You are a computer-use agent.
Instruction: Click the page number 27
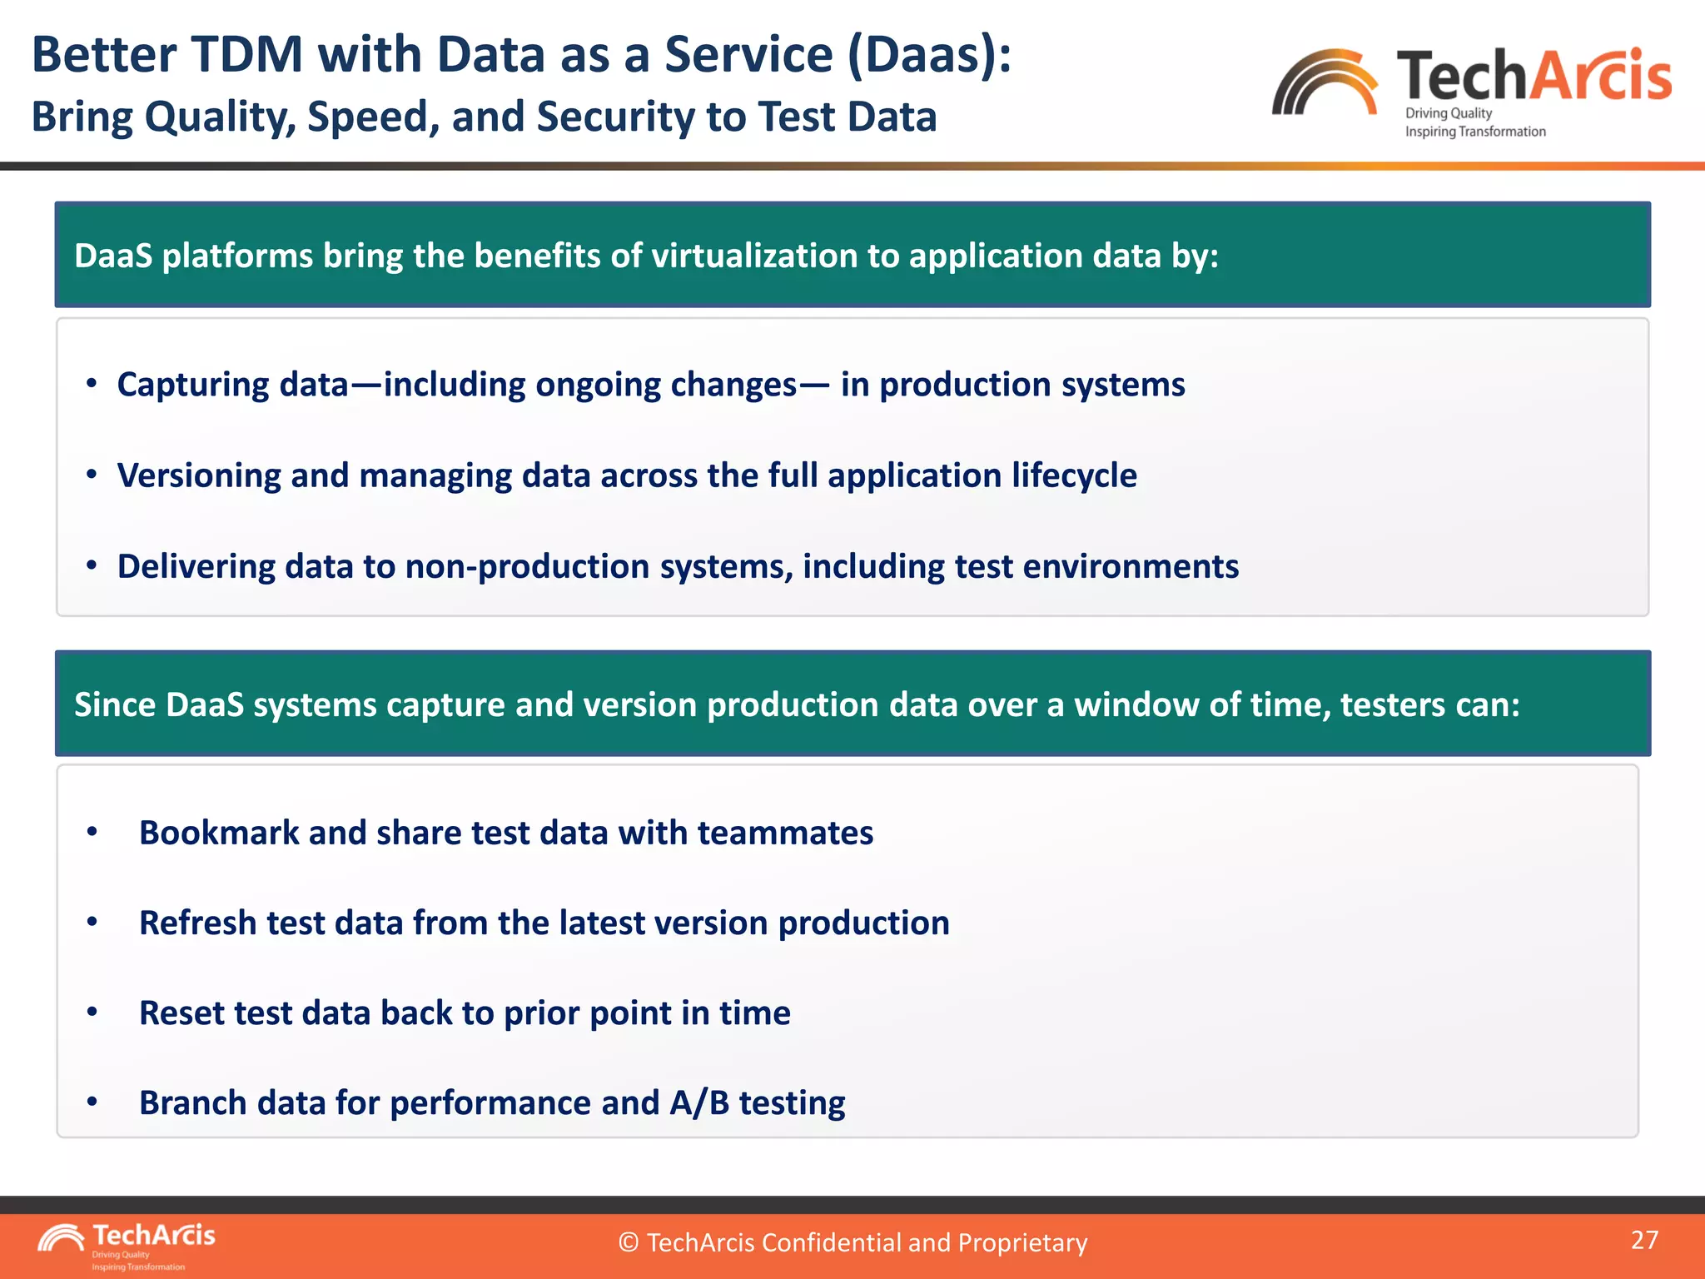point(1644,1240)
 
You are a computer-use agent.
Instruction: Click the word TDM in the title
point(248,55)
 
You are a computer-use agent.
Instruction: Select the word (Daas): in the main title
point(929,55)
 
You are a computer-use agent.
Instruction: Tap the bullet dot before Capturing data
point(92,384)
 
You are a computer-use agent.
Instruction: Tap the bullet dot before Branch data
point(92,1102)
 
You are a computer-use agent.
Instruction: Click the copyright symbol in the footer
point(629,1242)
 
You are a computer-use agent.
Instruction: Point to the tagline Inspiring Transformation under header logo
point(1475,132)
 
